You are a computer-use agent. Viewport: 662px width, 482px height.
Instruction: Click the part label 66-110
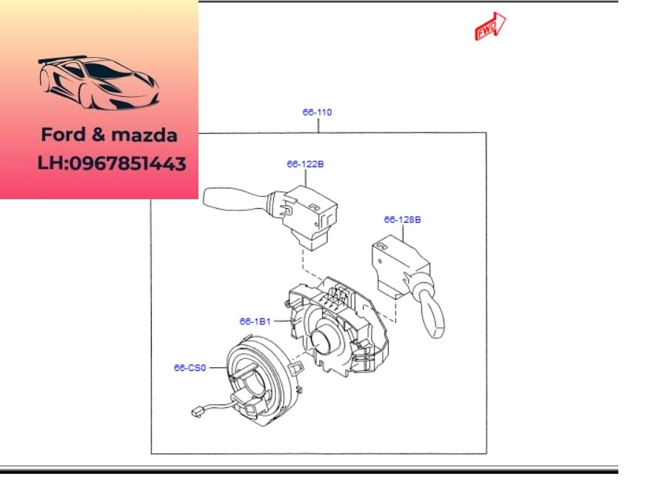tap(317, 113)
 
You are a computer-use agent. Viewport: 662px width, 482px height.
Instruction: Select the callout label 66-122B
tap(305, 164)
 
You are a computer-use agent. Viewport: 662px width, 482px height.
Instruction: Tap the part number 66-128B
tap(402, 219)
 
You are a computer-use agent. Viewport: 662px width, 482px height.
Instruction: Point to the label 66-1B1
tap(255, 321)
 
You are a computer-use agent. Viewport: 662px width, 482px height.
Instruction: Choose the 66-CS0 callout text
tap(190, 368)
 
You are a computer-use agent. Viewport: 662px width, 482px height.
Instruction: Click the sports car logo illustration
tap(98, 82)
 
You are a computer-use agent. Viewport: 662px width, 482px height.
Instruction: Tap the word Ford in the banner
tap(64, 135)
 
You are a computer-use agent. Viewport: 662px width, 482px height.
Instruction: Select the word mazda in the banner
tap(144, 135)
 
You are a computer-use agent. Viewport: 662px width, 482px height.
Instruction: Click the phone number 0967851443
tap(127, 164)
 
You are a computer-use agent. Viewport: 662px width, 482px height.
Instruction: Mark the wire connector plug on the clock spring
tap(196, 411)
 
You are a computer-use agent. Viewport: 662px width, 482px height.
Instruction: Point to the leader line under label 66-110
tap(318, 125)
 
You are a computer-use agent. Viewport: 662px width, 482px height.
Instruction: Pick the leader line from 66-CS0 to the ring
tap(218, 368)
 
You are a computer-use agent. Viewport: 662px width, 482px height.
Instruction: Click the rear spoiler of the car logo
tap(62, 59)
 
